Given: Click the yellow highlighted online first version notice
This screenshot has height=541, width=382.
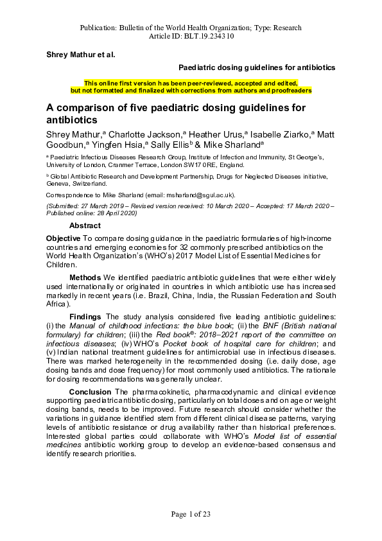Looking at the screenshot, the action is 191,87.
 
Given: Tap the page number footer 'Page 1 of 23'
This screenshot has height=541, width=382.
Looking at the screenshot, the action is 191,513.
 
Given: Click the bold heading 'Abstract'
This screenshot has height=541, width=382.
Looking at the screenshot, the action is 85,226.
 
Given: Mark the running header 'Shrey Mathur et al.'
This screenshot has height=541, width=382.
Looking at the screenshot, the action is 81,55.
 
